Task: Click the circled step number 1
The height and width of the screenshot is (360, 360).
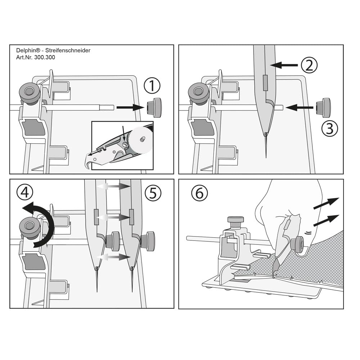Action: point(152,86)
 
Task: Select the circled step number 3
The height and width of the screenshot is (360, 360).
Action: point(329,128)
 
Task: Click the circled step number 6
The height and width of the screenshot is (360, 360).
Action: point(199,193)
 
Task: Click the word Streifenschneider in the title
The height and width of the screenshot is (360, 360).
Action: point(68,50)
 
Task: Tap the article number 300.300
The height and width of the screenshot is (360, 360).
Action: point(45,57)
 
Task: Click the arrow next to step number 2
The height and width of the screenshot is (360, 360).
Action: point(284,65)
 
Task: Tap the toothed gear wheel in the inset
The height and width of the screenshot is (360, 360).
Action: point(140,140)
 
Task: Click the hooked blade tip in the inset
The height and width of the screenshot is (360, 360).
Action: point(89,161)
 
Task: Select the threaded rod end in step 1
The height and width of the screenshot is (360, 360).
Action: point(107,107)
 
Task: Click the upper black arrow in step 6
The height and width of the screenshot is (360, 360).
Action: point(326,203)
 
